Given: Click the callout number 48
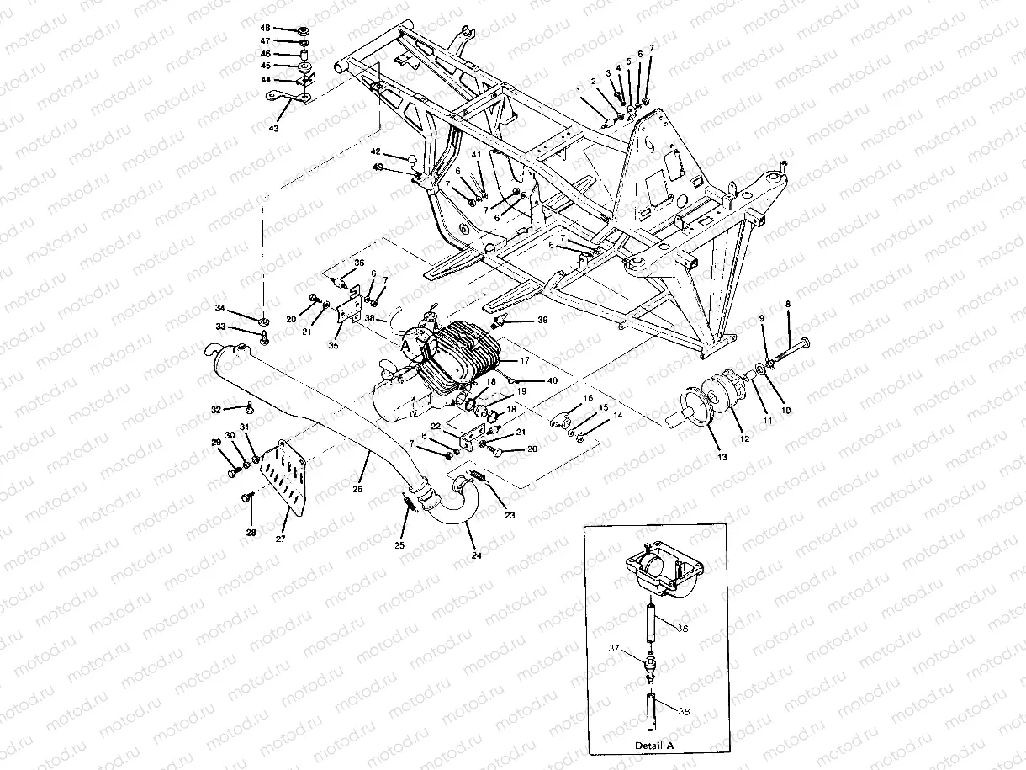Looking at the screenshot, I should [x=265, y=29].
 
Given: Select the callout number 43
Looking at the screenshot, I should [x=272, y=128].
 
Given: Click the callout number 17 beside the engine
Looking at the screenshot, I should [x=524, y=360].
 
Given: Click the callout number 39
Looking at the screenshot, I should [x=542, y=321].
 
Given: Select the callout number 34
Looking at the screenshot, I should [x=220, y=307].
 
